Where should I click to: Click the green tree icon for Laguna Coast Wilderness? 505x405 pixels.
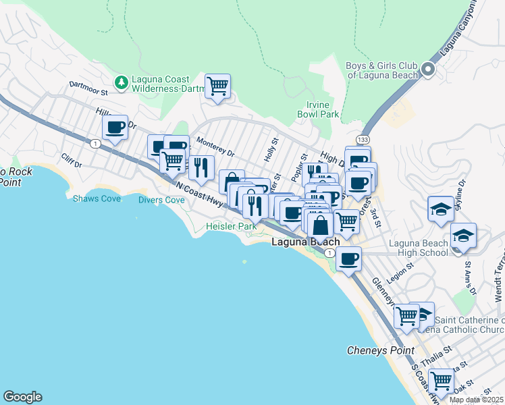[122, 82]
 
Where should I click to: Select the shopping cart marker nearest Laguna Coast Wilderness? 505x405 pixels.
[217, 86]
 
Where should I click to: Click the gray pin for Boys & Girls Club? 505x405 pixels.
[428, 70]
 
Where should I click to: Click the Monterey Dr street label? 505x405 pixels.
[215, 148]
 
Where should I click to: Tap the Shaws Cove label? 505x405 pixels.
[92, 199]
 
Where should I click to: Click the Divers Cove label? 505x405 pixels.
[161, 200]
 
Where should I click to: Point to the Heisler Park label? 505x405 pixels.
[231, 227]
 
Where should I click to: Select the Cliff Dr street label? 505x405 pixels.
[71, 164]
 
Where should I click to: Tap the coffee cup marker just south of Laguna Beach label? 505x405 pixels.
[348, 259]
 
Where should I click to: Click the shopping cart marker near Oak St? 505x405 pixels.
[441, 380]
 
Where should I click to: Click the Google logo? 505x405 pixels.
[22, 397]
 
